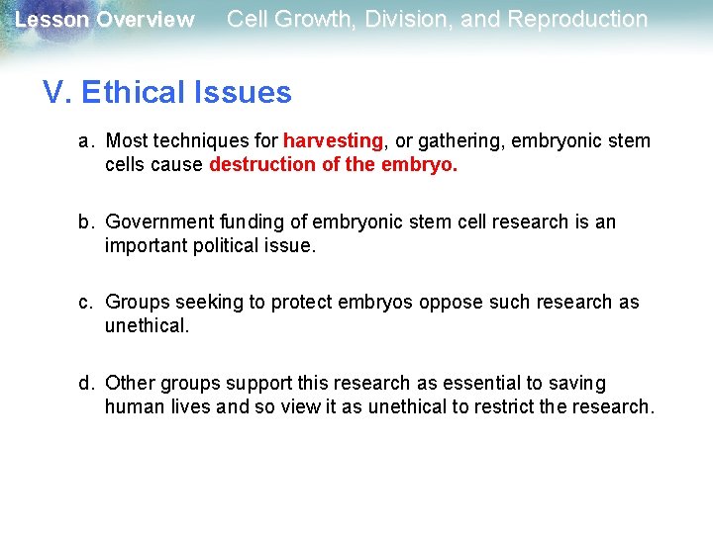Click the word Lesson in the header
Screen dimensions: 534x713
50,20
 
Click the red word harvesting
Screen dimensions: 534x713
333,141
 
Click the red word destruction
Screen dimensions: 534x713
262,165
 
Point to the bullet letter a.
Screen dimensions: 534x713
86,141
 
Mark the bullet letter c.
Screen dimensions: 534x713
86,302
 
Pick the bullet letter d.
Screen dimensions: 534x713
86,383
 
